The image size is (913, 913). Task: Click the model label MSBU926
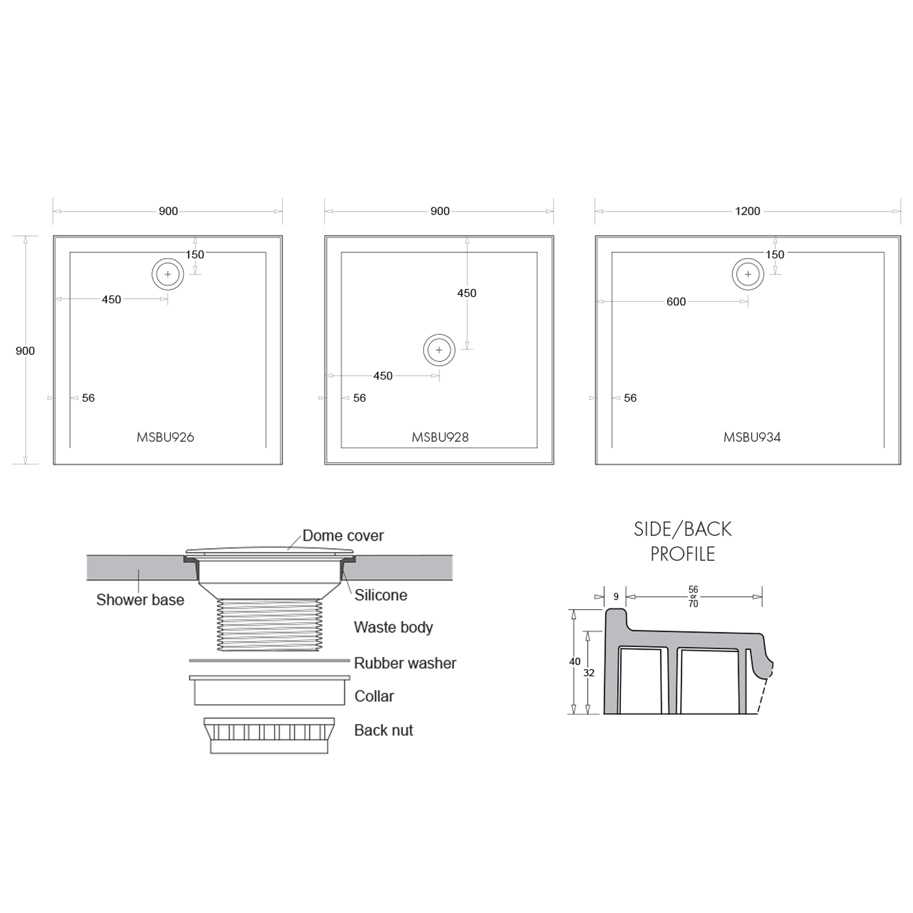click(165, 438)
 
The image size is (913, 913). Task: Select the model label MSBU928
click(440, 438)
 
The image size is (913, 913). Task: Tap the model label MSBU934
click(752, 438)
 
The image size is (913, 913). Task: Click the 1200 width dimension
click(747, 211)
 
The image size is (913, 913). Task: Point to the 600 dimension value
click(676, 302)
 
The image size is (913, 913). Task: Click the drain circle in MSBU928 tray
click(439, 350)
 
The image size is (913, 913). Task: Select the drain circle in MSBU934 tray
click(748, 274)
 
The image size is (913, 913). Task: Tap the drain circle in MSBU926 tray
click(168, 274)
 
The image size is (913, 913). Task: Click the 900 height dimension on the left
click(25, 351)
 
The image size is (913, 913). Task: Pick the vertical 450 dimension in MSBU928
click(466, 293)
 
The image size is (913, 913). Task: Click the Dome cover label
click(343, 536)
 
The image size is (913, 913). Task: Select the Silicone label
click(381, 595)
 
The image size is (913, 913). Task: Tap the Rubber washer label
click(405, 663)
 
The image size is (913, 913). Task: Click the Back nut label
click(383, 730)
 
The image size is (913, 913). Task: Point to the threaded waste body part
click(269, 625)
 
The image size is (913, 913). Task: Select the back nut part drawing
click(269, 736)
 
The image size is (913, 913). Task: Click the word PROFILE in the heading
click(682, 554)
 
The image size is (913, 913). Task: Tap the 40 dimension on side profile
click(575, 661)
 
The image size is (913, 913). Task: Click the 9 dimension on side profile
click(616, 597)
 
